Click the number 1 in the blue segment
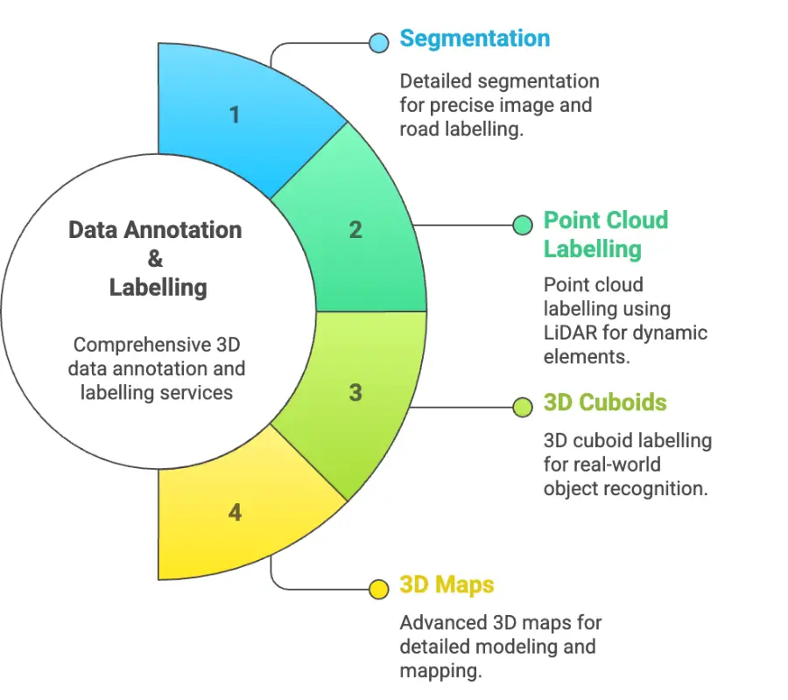coord(234,114)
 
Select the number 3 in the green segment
coord(355,392)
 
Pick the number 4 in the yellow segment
coord(234,512)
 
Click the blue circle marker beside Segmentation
coord(379,42)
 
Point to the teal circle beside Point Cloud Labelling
coord(523,225)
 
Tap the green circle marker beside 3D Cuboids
coord(523,407)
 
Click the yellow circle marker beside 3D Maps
coord(378,589)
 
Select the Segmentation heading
coord(475,38)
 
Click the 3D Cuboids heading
coord(605,402)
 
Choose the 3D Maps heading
coord(447,584)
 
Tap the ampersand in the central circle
coord(155,258)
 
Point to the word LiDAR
coord(572,332)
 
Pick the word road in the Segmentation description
coord(420,129)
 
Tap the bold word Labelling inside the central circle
coord(158,287)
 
